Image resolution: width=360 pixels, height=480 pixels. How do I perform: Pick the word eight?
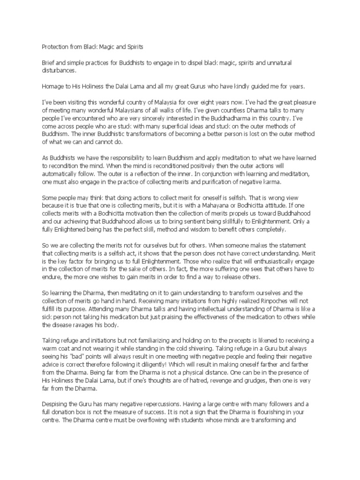point(207,102)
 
